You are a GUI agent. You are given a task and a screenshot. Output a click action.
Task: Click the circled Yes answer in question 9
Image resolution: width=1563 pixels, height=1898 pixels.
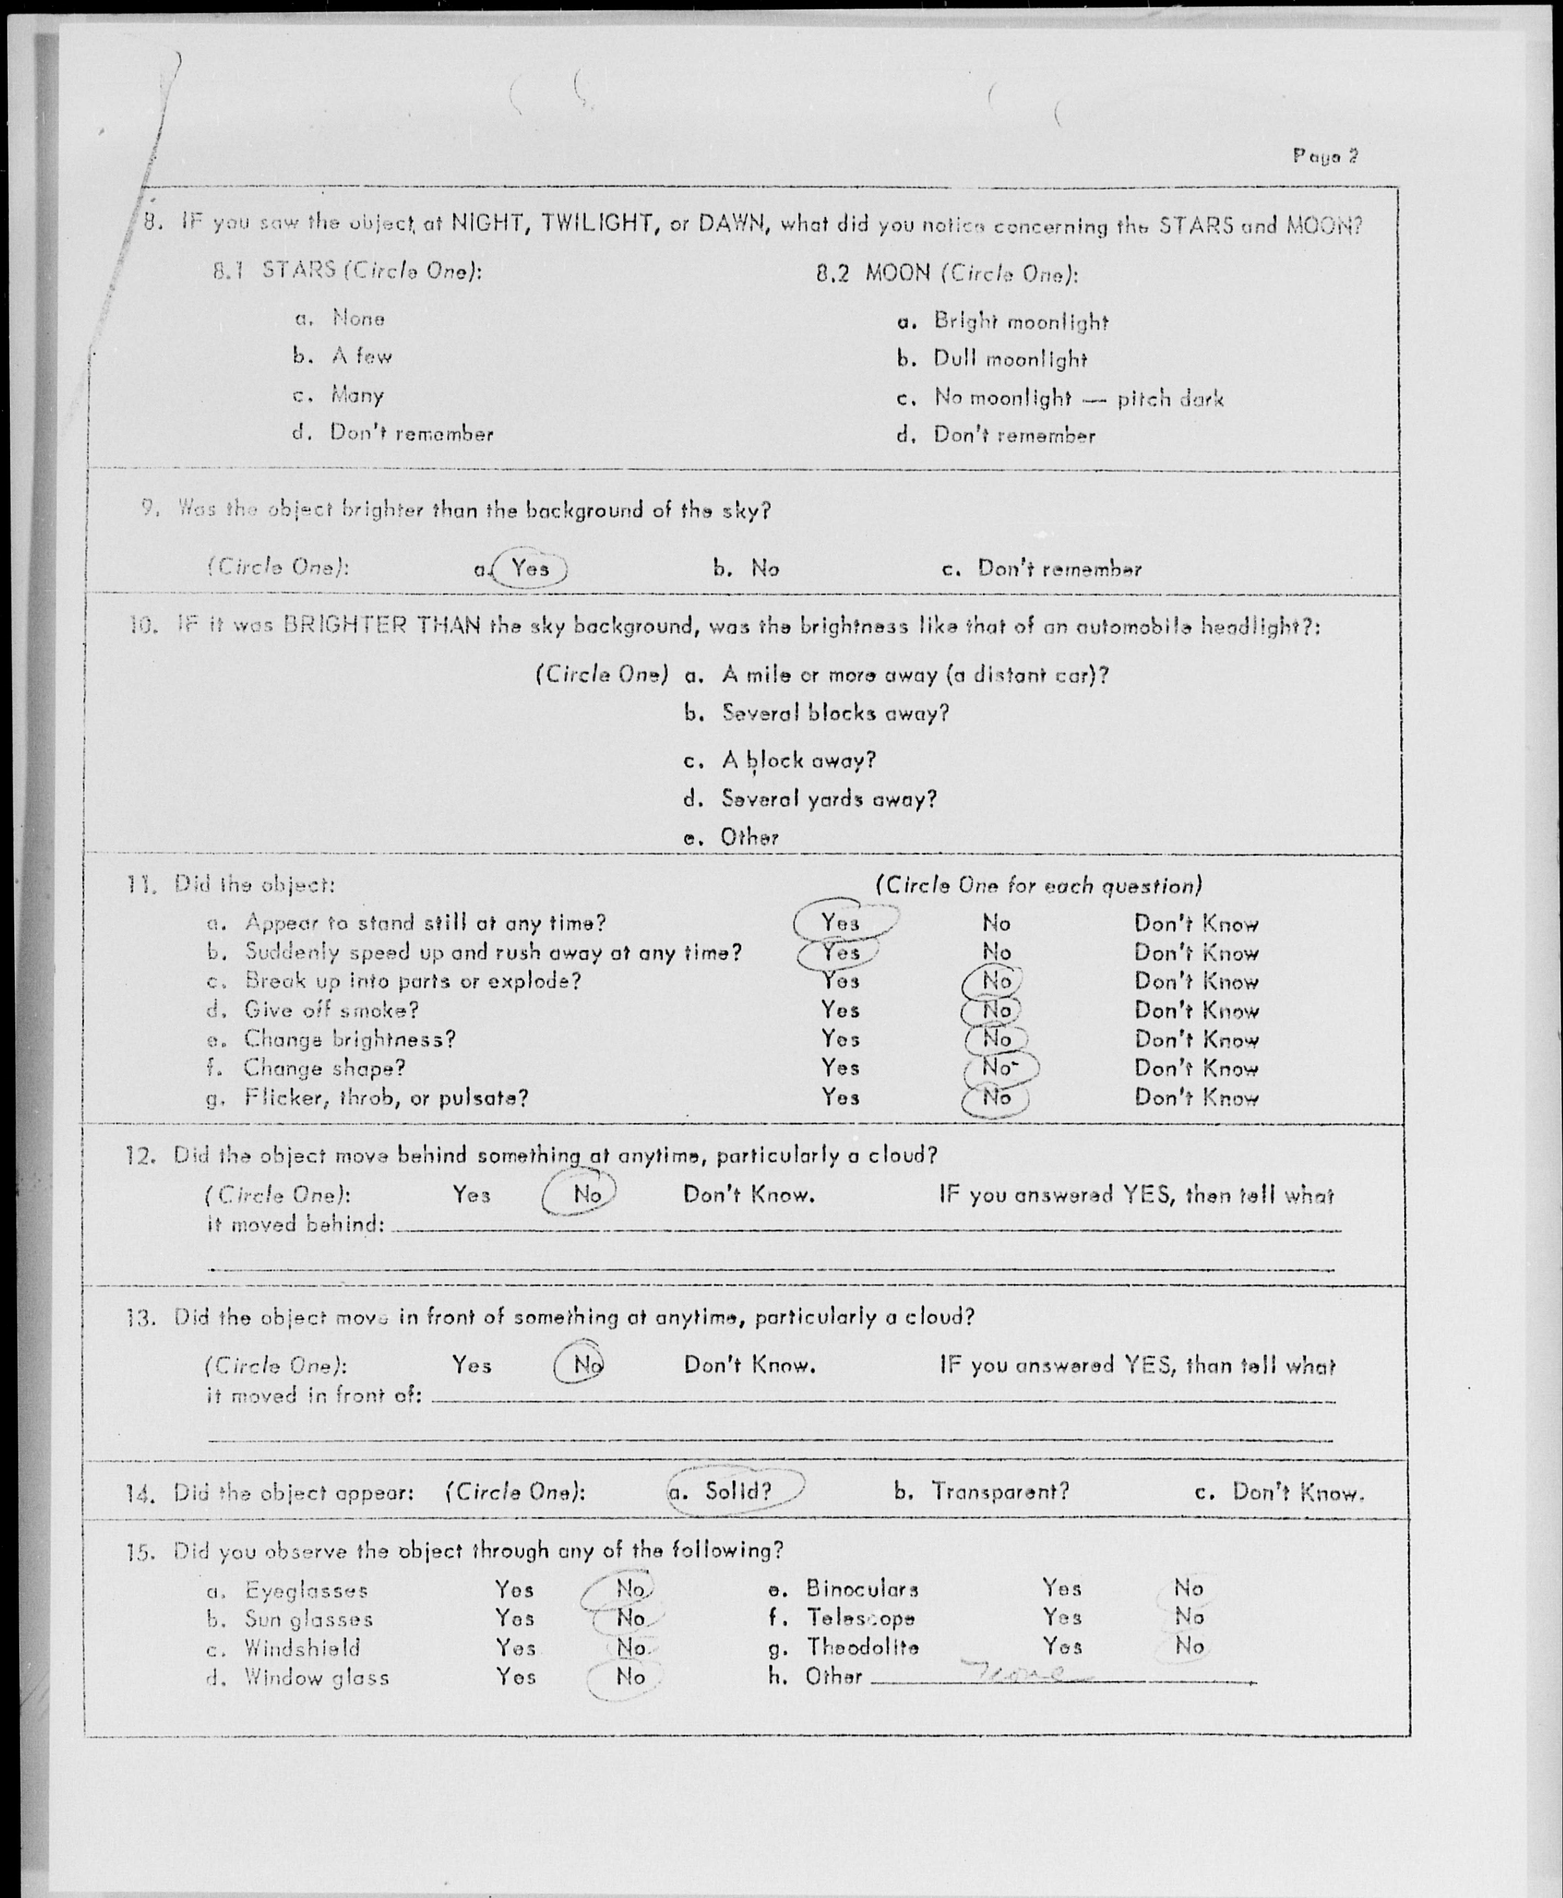point(530,569)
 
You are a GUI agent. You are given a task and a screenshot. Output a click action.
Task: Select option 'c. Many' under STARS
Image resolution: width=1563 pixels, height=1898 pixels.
point(356,395)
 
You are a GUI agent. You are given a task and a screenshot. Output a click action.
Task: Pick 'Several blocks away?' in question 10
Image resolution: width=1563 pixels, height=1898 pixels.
point(834,713)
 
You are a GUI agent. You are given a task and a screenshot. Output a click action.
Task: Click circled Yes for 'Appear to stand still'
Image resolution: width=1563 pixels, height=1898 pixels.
point(840,923)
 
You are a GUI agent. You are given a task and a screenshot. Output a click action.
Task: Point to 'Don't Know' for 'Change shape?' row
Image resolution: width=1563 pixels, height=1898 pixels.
point(1196,1069)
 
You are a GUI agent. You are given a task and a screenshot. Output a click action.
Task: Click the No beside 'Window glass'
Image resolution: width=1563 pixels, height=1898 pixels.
point(630,1676)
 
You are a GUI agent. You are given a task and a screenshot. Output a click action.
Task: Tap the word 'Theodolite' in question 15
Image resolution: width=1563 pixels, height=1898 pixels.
point(862,1647)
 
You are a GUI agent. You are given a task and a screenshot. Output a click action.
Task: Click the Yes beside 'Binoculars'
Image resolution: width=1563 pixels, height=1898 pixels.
point(1061,1588)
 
